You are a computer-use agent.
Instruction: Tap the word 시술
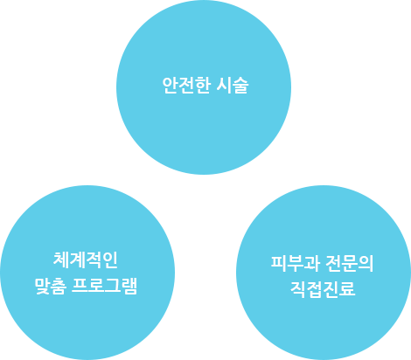[233, 86]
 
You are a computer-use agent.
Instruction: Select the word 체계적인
[86, 260]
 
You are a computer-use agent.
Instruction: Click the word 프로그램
[104, 286]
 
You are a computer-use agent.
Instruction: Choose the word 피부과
[295, 263]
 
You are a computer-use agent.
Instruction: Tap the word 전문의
[350, 263]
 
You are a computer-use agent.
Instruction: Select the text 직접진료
[323, 288]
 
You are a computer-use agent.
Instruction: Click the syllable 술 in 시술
[240, 86]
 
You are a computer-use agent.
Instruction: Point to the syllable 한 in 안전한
[203, 86]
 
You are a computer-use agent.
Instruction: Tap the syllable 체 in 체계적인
[61, 260]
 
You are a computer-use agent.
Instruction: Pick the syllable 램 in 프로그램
[129, 286]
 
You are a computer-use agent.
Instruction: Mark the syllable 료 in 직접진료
[347, 288]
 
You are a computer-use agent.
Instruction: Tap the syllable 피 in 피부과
[279, 263]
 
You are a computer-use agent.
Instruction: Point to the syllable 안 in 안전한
[170, 86]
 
